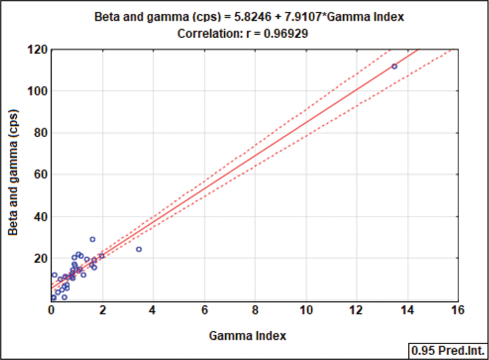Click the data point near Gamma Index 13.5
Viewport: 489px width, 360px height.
click(x=394, y=66)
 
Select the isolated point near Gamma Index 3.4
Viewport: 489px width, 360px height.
click(x=138, y=250)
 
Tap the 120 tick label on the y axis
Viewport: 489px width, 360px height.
click(x=38, y=50)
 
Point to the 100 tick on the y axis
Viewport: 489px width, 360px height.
click(x=38, y=91)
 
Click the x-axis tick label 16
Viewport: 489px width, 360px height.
click(x=458, y=310)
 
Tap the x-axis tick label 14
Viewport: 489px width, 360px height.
click(x=407, y=310)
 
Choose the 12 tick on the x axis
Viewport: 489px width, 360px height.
click(x=356, y=310)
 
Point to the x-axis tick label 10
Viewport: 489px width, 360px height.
click(x=305, y=310)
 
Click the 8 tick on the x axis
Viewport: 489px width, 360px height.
click(x=255, y=310)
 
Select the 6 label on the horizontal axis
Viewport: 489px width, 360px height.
click(x=204, y=310)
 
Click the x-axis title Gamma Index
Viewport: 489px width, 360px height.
click(x=247, y=336)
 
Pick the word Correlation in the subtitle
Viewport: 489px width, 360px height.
click(x=204, y=34)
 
